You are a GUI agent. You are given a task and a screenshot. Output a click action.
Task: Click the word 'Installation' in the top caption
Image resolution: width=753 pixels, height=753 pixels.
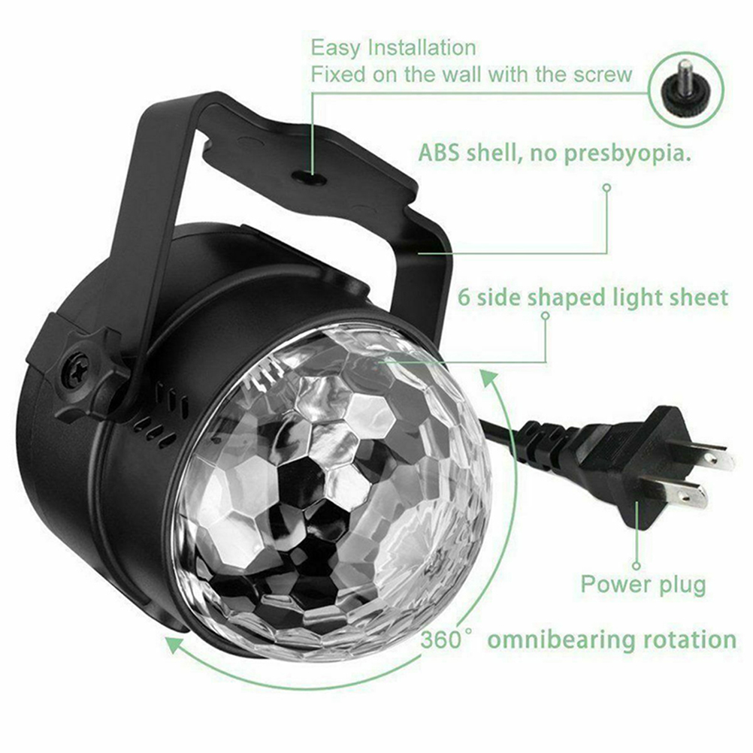tap(422, 47)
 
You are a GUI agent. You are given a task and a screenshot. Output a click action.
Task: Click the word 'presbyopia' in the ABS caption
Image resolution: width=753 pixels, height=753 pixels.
tap(624, 153)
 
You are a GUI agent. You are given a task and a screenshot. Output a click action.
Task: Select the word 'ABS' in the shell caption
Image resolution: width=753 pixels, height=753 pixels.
tap(438, 153)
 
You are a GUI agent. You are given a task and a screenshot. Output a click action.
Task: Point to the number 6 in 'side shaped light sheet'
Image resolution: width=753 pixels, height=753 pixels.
tap(464, 298)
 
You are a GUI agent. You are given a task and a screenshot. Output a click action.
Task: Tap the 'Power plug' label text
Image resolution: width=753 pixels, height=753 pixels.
tap(643, 585)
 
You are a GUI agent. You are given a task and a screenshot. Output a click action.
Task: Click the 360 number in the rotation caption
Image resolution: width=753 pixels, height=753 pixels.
tap(440, 640)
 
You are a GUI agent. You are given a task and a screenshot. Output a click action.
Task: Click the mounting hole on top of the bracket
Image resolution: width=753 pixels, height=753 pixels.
tap(310, 179)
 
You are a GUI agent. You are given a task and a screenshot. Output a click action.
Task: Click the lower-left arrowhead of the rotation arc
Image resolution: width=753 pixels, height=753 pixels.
tap(177, 643)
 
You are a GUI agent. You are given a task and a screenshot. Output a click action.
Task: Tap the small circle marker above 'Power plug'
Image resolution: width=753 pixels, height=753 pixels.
tap(637, 566)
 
